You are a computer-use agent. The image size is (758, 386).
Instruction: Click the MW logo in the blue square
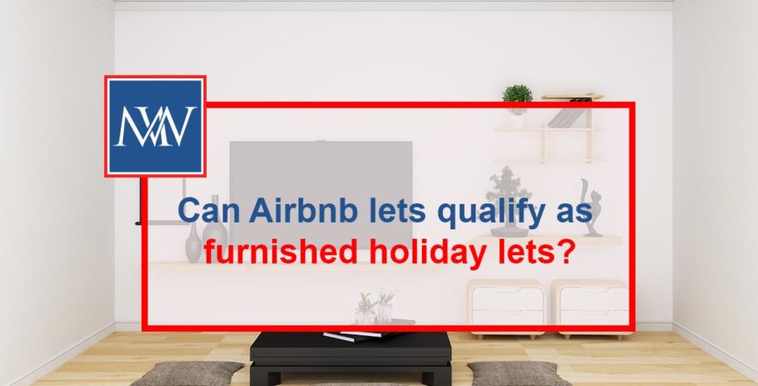(x=155, y=125)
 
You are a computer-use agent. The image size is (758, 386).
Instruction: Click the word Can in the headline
(x=203, y=212)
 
